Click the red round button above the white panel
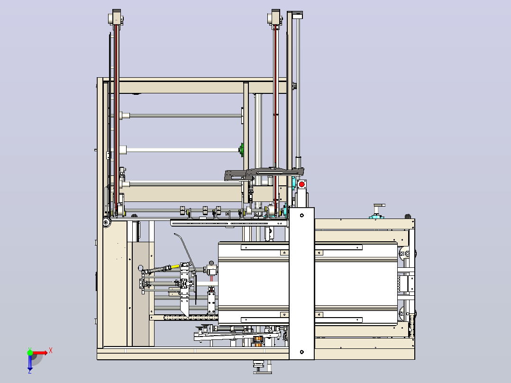(302, 184)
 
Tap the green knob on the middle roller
(241, 150)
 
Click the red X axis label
(51, 351)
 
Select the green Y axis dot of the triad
(30, 353)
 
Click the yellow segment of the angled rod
(175, 267)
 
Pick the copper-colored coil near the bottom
(258, 341)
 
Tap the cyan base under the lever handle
(376, 217)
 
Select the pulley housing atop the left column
(116, 18)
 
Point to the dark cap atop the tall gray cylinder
(297, 15)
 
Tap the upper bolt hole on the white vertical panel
(302, 216)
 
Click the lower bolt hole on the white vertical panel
(302, 352)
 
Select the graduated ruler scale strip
(191, 318)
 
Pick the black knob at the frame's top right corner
(408, 217)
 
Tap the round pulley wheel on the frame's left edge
(106, 222)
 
